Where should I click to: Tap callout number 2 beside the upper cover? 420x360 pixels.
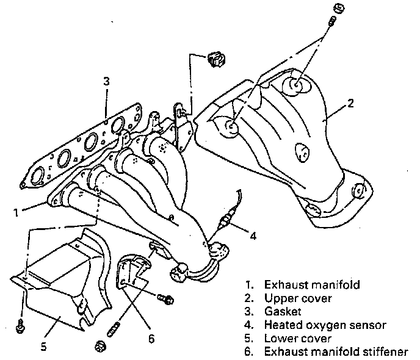coord(350,103)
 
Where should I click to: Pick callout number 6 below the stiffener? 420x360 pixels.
coord(151,337)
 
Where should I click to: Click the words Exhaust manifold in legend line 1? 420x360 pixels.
coord(303,284)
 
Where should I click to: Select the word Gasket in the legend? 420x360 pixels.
coord(280,312)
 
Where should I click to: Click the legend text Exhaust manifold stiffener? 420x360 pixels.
coord(336,352)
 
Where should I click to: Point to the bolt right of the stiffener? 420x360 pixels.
coord(165,299)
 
